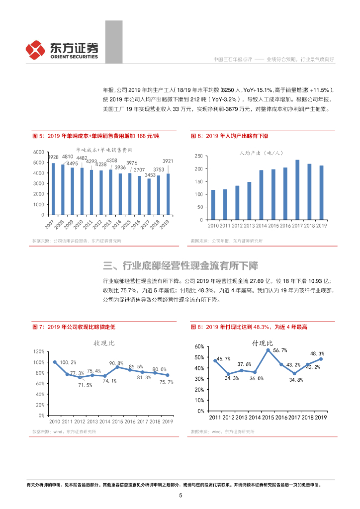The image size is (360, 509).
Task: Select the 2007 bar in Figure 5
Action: (x=53, y=189)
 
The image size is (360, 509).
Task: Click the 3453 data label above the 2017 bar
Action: (x=150, y=175)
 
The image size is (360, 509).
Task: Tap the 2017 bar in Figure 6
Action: (x=297, y=189)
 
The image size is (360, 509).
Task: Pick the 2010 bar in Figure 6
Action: (x=213, y=204)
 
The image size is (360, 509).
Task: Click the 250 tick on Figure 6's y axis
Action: (x=198, y=156)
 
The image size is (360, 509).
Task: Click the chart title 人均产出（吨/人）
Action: (x=262, y=153)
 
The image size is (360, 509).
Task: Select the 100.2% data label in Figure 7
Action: (x=68, y=362)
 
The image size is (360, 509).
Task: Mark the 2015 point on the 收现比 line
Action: (x=117, y=367)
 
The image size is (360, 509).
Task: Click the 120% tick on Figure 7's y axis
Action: (x=38, y=351)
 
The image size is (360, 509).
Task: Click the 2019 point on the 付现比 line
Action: (x=321, y=359)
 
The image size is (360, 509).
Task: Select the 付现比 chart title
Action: (x=263, y=343)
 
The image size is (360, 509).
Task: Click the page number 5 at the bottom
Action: (x=180, y=495)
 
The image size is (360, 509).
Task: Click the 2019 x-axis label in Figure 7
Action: (x=168, y=422)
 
